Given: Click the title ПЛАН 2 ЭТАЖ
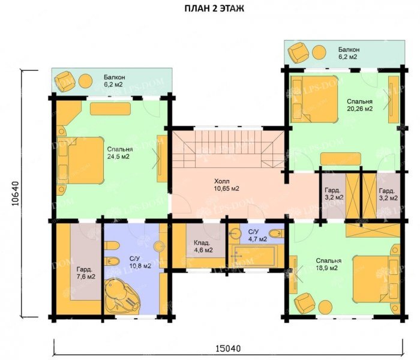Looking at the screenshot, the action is point(214,8).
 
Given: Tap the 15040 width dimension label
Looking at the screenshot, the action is point(228,349).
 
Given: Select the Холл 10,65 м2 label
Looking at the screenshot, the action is point(226,185).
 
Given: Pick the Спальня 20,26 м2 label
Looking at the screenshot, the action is point(360,105).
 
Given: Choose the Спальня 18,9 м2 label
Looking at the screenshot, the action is point(329,265).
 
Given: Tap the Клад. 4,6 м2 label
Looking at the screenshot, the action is point(203,247).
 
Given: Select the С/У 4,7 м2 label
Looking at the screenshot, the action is point(257,235).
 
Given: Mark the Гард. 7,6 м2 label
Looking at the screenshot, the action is point(86,272).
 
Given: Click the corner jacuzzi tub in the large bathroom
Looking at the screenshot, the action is point(122,296).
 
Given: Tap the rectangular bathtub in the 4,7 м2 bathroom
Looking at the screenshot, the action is point(254,255).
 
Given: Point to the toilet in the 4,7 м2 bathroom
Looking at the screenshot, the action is point(276,233).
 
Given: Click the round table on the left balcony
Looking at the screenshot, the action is point(85,80).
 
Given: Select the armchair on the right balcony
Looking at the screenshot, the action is point(299,53).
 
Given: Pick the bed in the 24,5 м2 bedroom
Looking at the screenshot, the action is point(80,160).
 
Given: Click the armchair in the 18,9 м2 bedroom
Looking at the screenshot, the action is point(305,303).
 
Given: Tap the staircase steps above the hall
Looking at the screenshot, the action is point(227,148).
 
